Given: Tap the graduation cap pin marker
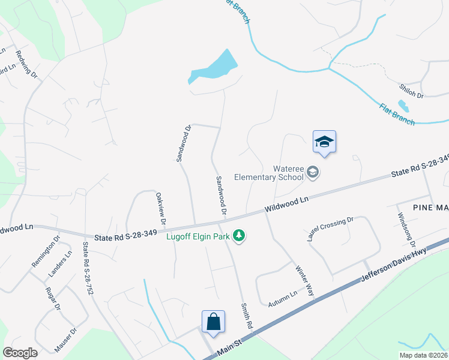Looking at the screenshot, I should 324,143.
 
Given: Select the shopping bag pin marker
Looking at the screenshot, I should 214,322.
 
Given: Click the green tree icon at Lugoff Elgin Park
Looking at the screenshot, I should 240,235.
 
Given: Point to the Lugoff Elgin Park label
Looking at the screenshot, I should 198,236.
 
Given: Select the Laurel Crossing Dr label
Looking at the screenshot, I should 330,229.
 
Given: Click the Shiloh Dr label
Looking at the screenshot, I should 411,91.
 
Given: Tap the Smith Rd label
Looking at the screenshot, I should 246,314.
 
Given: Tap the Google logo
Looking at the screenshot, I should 20,353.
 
